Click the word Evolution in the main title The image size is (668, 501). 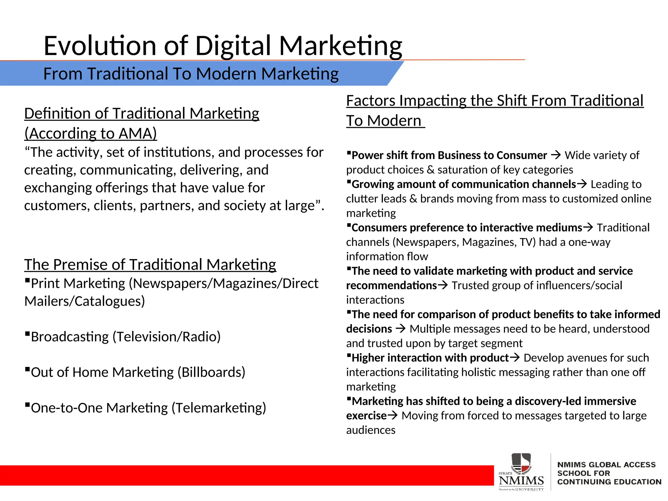click(x=100, y=46)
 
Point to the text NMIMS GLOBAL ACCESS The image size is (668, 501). click(x=606, y=464)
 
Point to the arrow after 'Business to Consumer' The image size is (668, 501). click(x=556, y=155)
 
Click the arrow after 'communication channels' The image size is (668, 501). click(x=582, y=184)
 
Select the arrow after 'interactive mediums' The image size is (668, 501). click(x=588, y=227)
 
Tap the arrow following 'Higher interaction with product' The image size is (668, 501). click(x=515, y=357)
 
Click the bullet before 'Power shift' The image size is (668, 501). click(x=349, y=152)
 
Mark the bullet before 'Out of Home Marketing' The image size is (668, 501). click(x=27, y=370)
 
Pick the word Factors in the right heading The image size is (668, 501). click(x=371, y=101)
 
